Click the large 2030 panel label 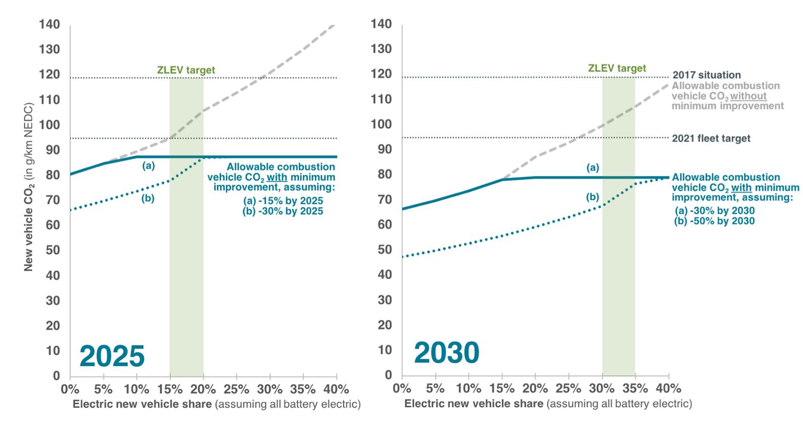click(x=447, y=353)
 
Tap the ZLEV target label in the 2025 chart click(x=186, y=70)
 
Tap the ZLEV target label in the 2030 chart click(x=617, y=68)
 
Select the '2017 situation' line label click(x=706, y=75)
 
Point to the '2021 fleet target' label click(x=711, y=138)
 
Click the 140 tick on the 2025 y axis click(x=50, y=24)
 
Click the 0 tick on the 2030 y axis click(x=388, y=375)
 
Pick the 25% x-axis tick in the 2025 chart click(x=236, y=390)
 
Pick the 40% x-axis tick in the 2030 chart click(x=668, y=389)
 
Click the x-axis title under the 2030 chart click(x=548, y=404)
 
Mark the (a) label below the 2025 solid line click(x=148, y=165)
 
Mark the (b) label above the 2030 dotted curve click(x=592, y=197)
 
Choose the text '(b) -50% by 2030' click(x=715, y=221)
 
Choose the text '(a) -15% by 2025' click(x=283, y=201)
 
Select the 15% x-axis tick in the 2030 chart click(x=501, y=389)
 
